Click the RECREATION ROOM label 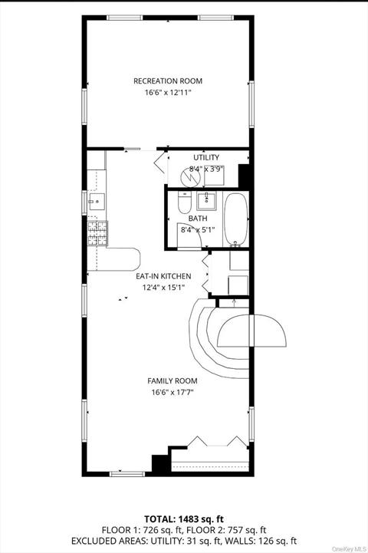[x=168, y=81]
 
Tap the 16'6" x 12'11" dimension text [x=168, y=93]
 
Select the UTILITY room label [x=206, y=157]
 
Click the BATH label [x=198, y=219]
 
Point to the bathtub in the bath [x=236, y=219]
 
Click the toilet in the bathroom [x=184, y=202]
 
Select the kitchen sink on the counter [x=97, y=202]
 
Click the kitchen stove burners [x=97, y=232]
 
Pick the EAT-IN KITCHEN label [x=163, y=276]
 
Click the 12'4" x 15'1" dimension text [x=163, y=288]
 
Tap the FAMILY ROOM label [x=172, y=381]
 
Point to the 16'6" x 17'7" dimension [x=172, y=392]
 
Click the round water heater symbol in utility [x=190, y=176]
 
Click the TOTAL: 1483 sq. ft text [x=184, y=518]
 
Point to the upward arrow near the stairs [x=235, y=303]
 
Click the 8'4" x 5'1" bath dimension [x=198, y=230]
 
